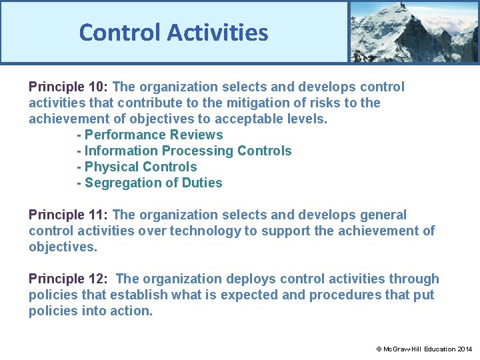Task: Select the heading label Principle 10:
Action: pos(69,87)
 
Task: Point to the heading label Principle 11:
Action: pos(69,215)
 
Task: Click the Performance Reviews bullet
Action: pos(150,135)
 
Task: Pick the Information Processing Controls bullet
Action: pos(184,151)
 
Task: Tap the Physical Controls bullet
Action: pos(137,167)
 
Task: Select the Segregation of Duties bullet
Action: pos(149,183)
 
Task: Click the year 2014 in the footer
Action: pos(465,349)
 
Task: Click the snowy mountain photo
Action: pos(413,31)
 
